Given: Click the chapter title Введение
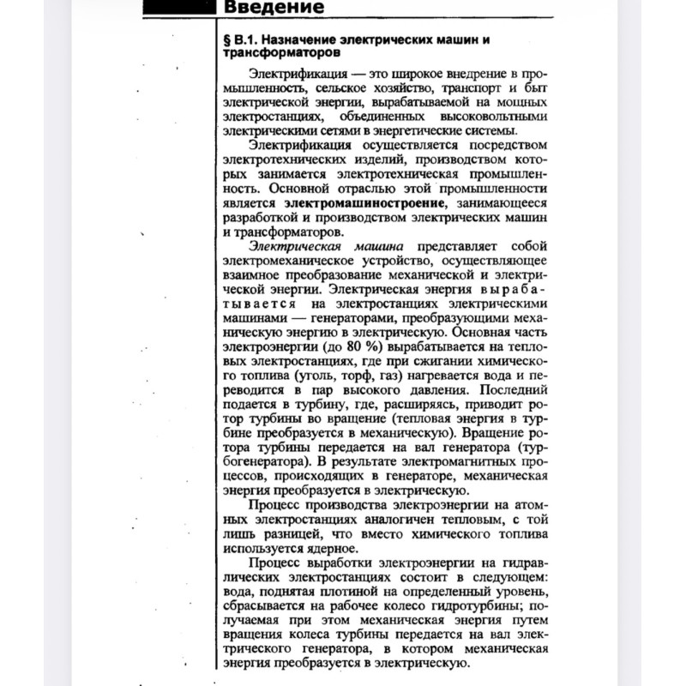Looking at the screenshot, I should click(x=274, y=9).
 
